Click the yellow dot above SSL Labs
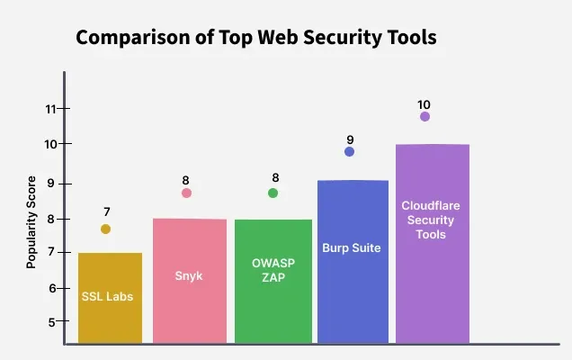pos(106,229)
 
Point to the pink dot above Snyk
pos(186,193)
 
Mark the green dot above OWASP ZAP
pos(273,193)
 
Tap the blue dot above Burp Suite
pos(349,151)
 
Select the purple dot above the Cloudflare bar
pos(425,116)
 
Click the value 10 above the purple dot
pos(425,104)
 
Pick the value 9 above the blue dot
pos(350,139)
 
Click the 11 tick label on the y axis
pos(50,110)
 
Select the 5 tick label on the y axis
pos(52,322)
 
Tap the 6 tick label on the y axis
pos(52,288)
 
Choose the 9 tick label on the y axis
pos(52,184)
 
